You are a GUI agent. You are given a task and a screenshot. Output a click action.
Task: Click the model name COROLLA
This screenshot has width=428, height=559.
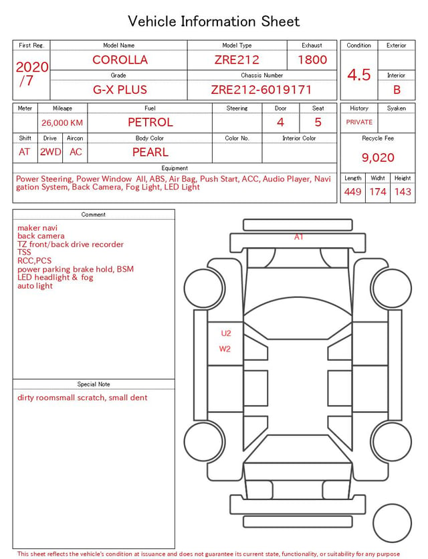120,60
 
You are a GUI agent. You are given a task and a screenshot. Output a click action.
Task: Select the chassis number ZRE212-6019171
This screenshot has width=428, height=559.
261,90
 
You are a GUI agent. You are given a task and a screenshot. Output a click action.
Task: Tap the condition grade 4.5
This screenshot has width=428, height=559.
359,75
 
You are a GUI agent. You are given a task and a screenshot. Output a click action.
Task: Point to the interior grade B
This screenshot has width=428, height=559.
397,90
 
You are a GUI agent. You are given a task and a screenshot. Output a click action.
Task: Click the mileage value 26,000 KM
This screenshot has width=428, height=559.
62,123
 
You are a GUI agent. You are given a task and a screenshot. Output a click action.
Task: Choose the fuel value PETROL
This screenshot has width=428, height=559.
150,123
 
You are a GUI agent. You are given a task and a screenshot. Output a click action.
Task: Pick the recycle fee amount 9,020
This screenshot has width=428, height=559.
378,157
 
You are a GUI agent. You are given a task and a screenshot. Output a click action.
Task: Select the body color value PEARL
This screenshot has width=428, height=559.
150,152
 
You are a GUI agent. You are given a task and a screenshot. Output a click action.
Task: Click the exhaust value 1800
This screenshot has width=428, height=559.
312,60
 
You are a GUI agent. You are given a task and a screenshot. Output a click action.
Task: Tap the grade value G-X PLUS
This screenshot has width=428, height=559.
120,90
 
